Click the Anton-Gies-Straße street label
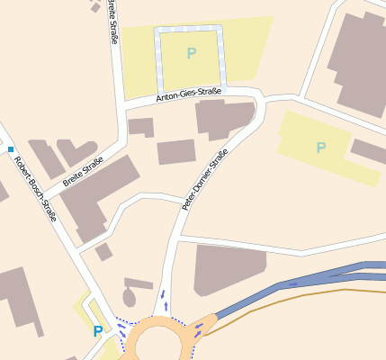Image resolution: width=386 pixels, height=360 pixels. tap(188, 93)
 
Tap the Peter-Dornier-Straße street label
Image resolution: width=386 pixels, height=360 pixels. tap(206, 179)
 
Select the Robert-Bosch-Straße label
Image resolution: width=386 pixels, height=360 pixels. tap(35, 189)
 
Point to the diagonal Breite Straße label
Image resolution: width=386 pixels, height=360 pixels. tap(83, 176)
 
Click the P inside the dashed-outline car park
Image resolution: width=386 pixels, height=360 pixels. tap(191, 54)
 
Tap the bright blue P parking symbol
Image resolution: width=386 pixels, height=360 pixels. tap(97, 331)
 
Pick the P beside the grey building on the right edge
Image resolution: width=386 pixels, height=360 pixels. tap(321, 148)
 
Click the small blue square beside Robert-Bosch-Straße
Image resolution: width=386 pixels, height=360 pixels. tap(11, 148)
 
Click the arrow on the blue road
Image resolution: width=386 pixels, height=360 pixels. tap(293, 283)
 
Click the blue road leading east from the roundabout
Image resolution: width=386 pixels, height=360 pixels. tap(270, 292)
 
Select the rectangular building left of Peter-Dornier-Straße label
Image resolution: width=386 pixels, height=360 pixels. tap(176, 152)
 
